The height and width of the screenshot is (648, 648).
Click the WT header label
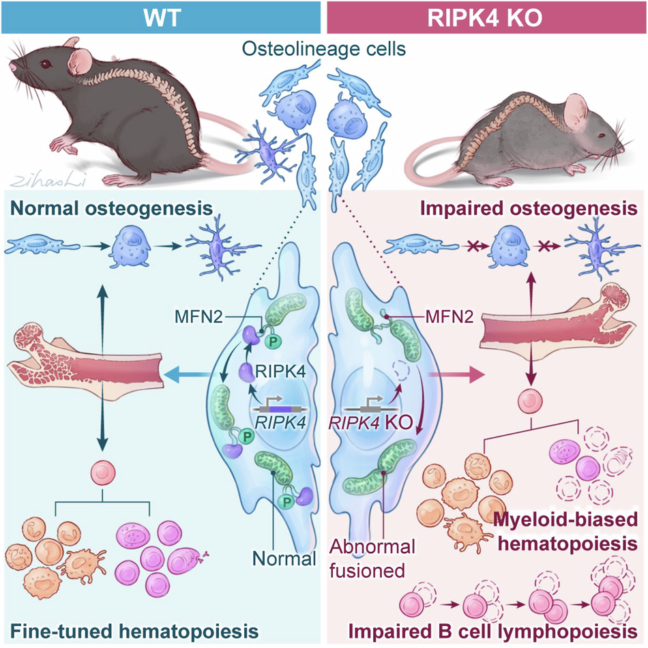tap(160, 16)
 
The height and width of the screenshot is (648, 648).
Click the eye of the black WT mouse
tap(46, 64)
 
